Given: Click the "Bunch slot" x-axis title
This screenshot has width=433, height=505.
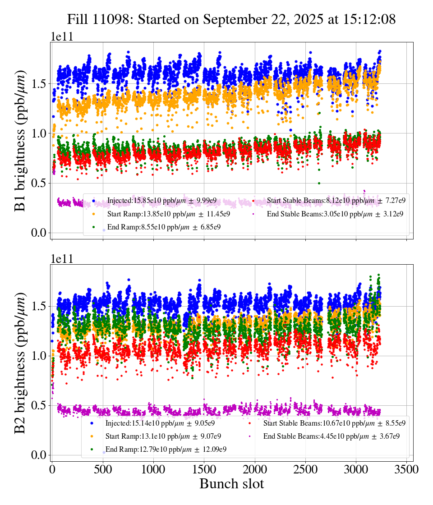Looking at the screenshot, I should tap(231, 484).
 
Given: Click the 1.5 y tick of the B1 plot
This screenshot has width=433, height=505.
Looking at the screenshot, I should tap(39, 84).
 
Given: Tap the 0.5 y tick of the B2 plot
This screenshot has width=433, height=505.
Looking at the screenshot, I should tap(39, 405).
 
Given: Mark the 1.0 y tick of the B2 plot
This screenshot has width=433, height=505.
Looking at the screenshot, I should tap(39, 356).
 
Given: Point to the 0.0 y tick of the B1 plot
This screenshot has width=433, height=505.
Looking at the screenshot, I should tap(39, 233).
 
